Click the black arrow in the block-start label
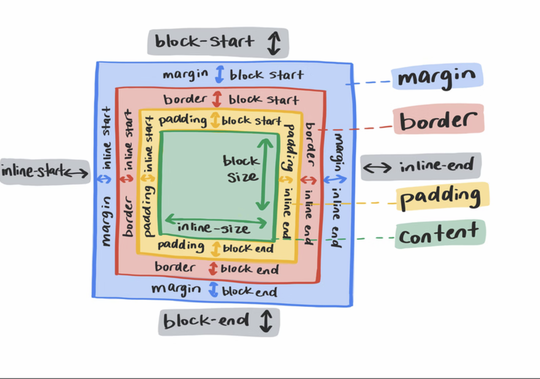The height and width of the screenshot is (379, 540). click(x=274, y=43)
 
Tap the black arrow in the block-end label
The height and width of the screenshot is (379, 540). click(x=266, y=321)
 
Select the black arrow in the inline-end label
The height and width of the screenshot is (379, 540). click(x=377, y=168)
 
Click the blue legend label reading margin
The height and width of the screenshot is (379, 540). click(x=437, y=77)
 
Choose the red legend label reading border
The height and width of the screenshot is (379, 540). click(x=438, y=119)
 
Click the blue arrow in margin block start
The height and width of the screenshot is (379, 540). click(x=220, y=74)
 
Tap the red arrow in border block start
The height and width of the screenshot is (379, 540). click(x=217, y=99)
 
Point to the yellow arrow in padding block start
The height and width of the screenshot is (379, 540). click(x=215, y=120)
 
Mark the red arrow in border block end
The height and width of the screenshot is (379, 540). click(x=213, y=268)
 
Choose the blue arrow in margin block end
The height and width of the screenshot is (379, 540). click(x=213, y=289)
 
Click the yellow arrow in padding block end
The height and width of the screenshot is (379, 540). click(x=216, y=248)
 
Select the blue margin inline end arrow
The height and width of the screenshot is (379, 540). click(x=335, y=180)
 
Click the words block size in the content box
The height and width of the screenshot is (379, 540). click(x=241, y=169)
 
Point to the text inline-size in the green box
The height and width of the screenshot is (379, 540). click(x=214, y=228)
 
